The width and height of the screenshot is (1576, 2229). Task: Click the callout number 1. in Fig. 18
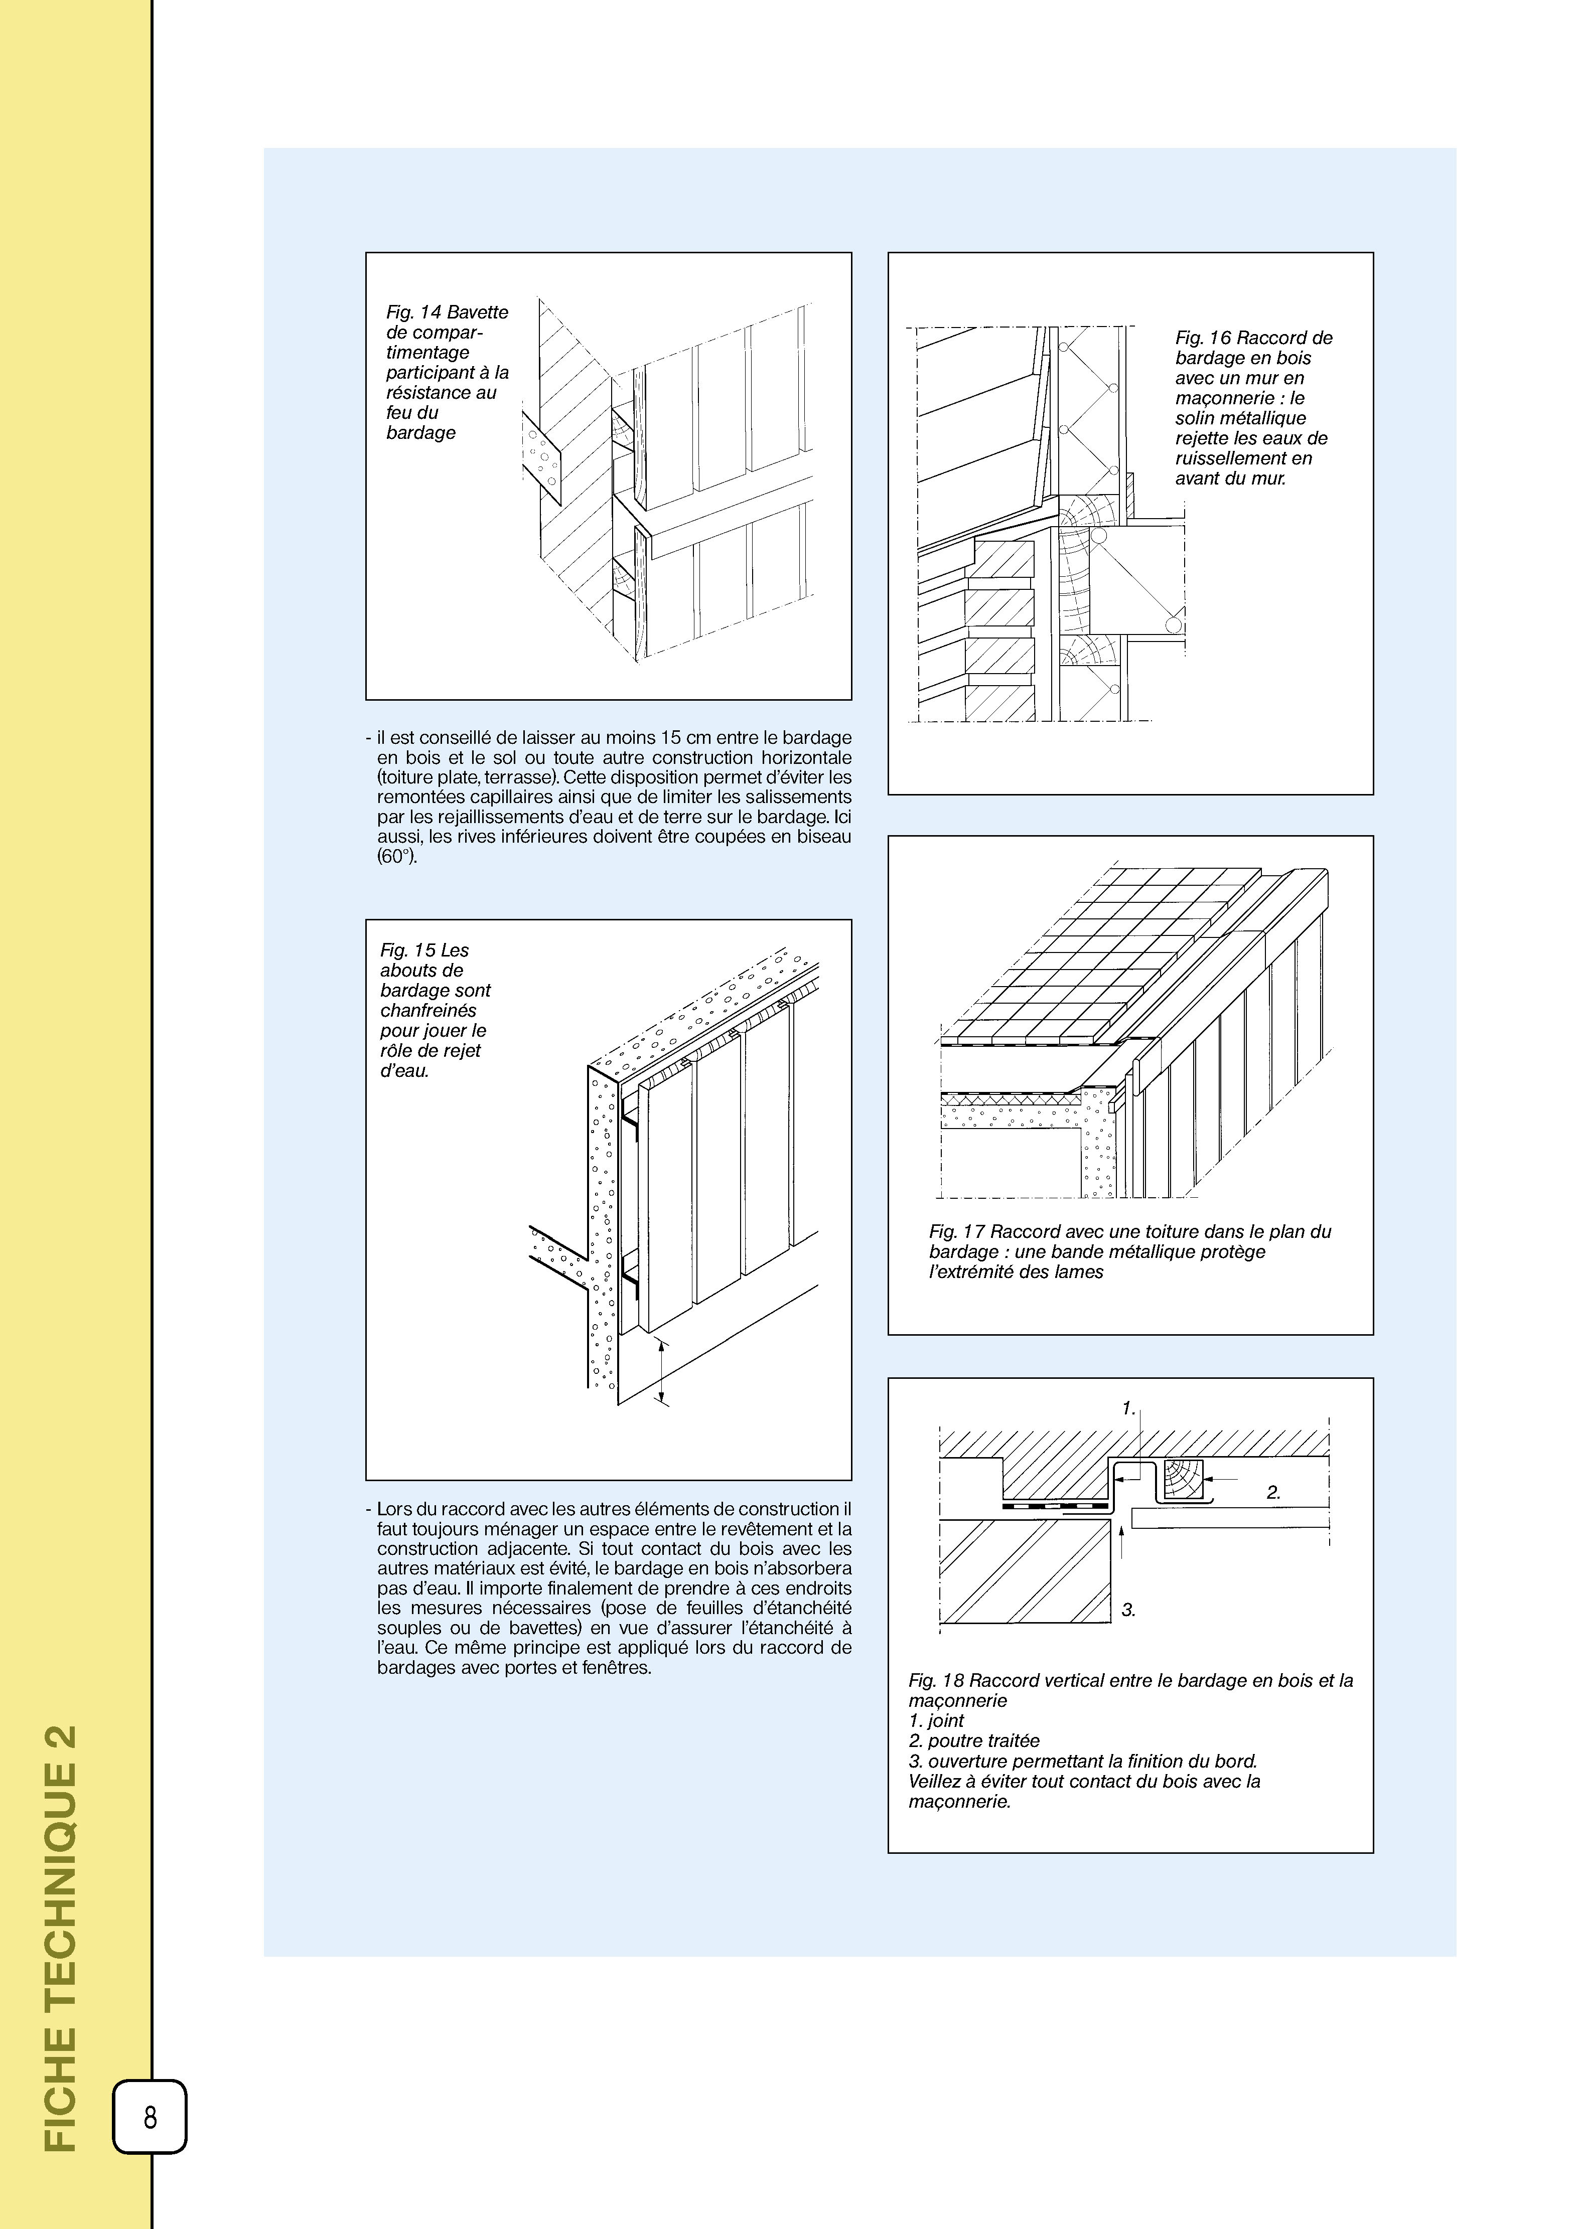coord(1128,1408)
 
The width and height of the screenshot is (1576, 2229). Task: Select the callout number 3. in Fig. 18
coord(1128,1610)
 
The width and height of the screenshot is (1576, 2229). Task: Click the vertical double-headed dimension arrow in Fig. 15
coord(661,1370)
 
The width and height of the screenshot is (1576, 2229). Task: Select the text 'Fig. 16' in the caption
coord(1203,338)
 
